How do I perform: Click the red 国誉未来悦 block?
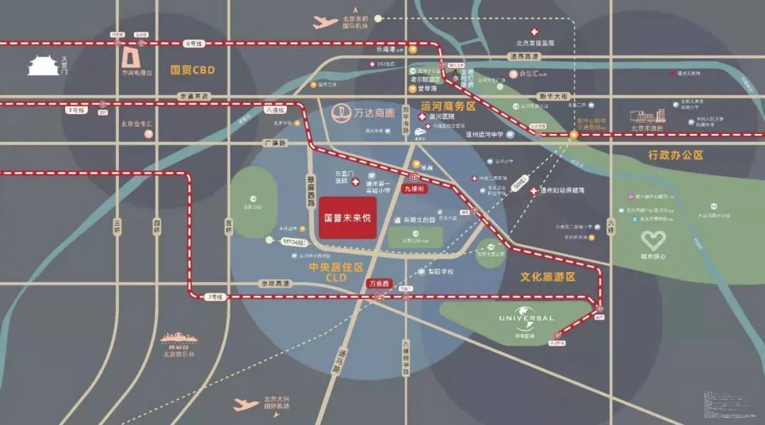click(347, 217)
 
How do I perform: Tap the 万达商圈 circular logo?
click(344, 113)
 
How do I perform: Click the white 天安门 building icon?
click(42, 66)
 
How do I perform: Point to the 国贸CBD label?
click(192, 70)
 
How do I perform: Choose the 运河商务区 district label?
click(448, 106)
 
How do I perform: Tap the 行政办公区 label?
click(675, 154)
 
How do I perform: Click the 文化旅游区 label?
click(548, 277)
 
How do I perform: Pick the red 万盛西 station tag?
click(379, 283)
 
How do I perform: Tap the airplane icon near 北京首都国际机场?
click(325, 22)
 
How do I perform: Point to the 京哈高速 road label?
click(273, 283)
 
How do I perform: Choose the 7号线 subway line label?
click(214, 297)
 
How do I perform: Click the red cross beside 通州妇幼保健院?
click(533, 191)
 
